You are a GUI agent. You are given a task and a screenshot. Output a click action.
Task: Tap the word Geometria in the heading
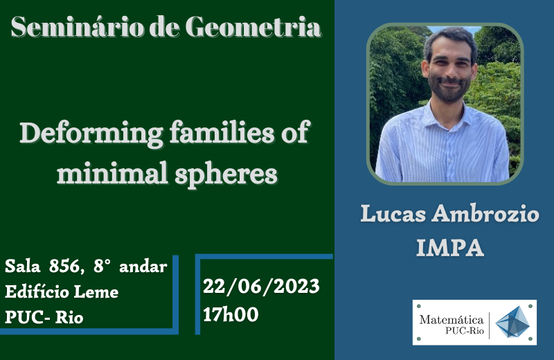pos(253,27)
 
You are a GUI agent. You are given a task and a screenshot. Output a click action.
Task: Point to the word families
pos(222,132)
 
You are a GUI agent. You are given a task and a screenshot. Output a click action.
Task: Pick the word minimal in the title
pos(112,173)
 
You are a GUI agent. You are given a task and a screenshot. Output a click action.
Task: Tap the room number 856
pos(64,267)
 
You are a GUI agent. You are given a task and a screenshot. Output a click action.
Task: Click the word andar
pos(143,267)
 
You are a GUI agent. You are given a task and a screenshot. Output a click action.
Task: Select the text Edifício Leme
pos(62,292)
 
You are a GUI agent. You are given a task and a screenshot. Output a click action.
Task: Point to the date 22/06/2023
pos(261,287)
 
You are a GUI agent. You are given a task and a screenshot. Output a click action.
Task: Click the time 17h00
pos(231,314)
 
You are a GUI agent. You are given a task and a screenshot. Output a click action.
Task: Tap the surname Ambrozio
pos(485,214)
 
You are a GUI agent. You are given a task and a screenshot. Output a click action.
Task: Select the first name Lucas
pos(393,214)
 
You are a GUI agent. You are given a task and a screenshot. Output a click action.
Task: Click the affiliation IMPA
pos(449,248)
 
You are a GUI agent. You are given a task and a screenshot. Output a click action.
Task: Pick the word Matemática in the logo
pos(452,320)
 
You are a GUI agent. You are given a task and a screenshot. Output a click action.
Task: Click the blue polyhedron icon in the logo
pos(512,322)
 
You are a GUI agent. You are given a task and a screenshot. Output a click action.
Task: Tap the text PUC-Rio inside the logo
pos(464,331)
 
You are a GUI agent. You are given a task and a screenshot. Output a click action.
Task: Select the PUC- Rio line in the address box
pos(44,317)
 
